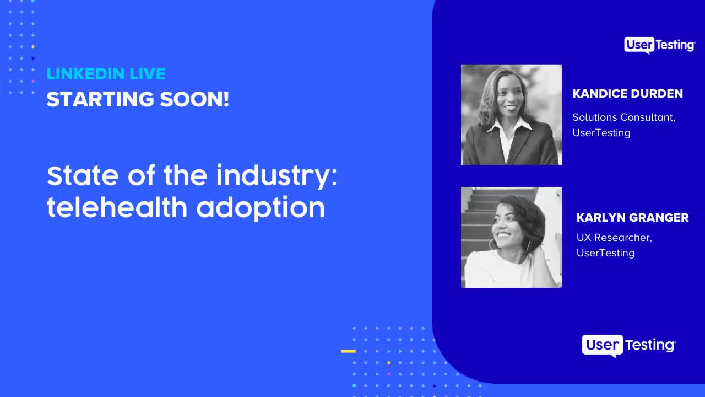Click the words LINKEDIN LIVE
coord(106,74)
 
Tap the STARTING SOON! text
coord(138,100)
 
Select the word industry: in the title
coord(276,176)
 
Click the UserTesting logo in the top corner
coord(659,45)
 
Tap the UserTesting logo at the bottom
coord(628,346)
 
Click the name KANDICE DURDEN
coord(627,94)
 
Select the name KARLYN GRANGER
coord(632,218)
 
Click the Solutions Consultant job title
coord(623,117)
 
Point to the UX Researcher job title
coord(614,238)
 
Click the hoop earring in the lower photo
coord(492,244)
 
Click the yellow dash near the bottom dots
coord(348,351)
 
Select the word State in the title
coord(82,176)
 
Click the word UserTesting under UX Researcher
coord(605,253)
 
